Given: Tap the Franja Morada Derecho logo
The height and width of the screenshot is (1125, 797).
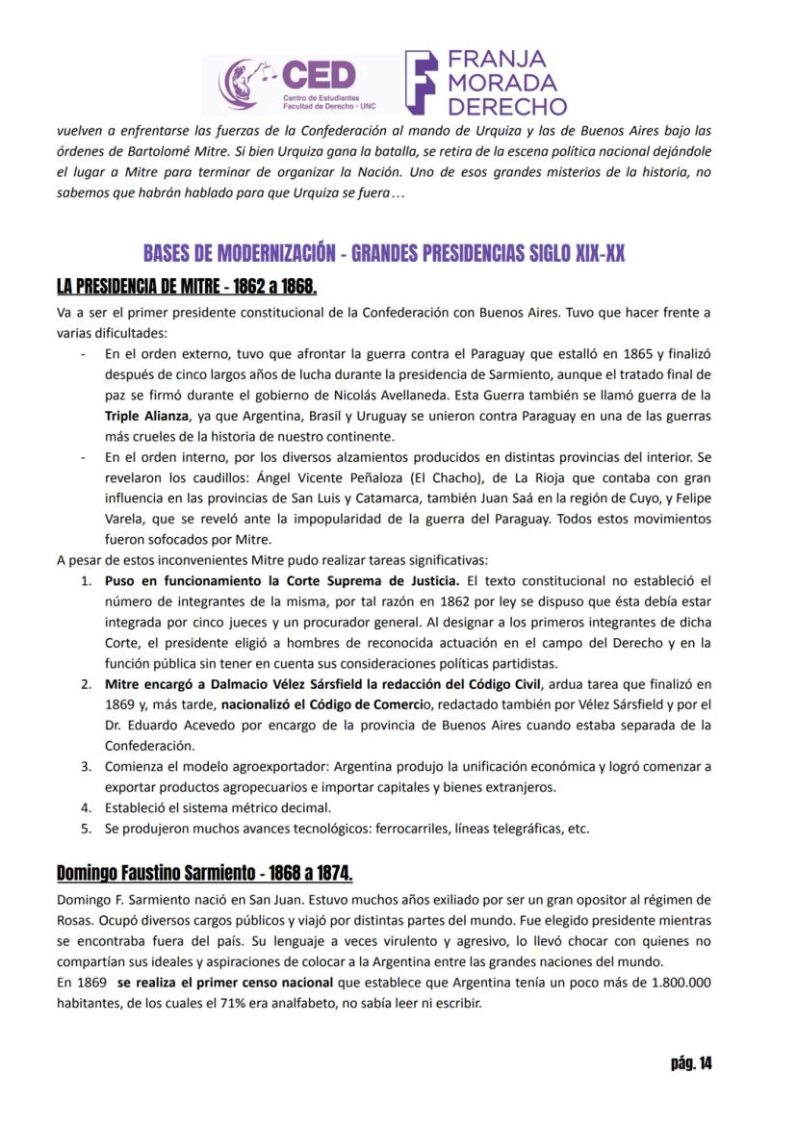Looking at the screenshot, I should pos(486,83).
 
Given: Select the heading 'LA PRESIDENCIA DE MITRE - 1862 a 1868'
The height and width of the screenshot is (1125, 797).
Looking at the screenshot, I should pos(186,287).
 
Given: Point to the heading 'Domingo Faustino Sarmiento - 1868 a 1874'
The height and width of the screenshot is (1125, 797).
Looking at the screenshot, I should pos(204,873).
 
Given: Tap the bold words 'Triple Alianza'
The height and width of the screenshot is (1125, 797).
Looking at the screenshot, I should pos(146,416).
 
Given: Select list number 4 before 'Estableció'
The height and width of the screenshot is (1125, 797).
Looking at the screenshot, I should pos(85,807).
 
